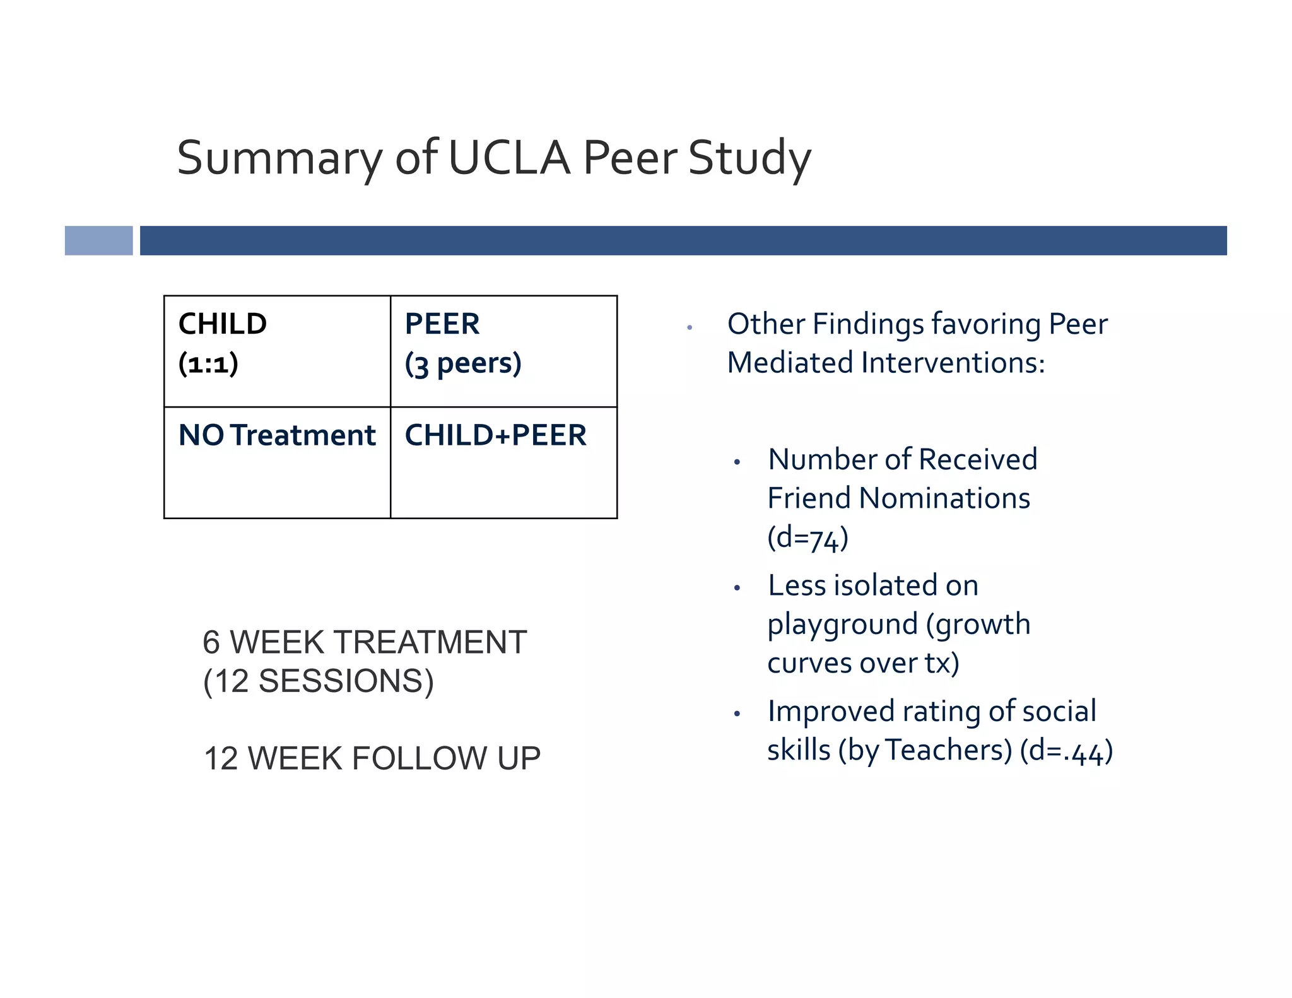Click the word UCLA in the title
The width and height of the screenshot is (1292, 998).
tap(508, 158)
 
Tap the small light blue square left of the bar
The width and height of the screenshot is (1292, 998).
tap(98, 240)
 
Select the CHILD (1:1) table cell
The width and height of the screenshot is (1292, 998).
tap(277, 351)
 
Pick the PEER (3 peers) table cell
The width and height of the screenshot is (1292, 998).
tap(503, 351)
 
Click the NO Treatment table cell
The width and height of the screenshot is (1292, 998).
tap(277, 462)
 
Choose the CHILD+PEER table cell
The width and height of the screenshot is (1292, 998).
tap(503, 462)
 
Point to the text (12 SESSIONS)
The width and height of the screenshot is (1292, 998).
tap(319, 681)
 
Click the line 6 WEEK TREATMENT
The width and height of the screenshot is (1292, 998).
tap(365, 642)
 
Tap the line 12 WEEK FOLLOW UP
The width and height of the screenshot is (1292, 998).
tap(372, 758)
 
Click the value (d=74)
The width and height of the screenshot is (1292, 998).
tap(807, 537)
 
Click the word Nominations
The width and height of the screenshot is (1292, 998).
tap(944, 498)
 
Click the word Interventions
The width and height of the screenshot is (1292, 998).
tap(953, 363)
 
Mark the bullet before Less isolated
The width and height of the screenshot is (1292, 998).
tap(737, 588)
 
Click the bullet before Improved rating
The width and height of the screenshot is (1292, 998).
tap(737, 713)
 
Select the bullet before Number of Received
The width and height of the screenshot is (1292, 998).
tap(737, 462)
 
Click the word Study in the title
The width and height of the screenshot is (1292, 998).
tap(749, 158)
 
